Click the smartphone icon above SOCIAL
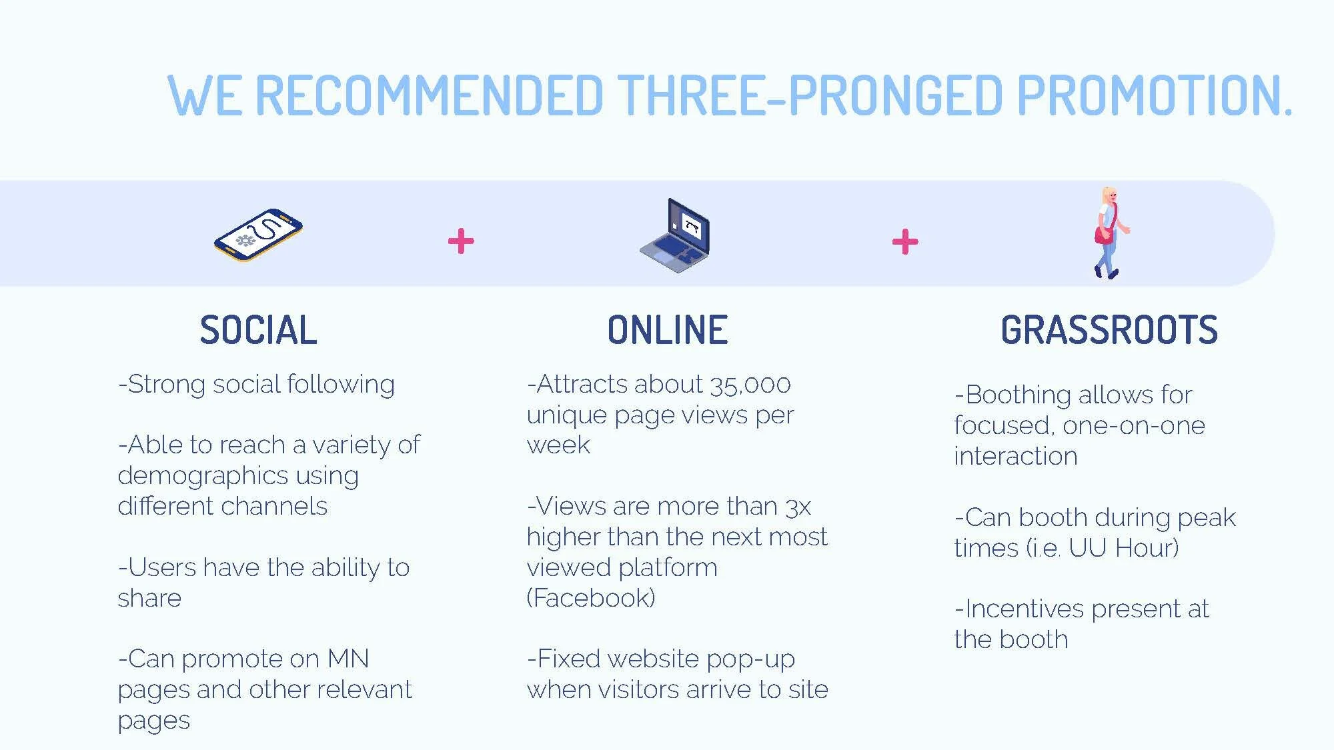[258, 235]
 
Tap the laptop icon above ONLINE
[674, 235]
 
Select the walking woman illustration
[1109, 233]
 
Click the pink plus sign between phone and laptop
[461, 241]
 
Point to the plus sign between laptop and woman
[905, 241]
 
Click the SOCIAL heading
[258, 330]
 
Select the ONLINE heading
[667, 330]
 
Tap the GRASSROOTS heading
[1109, 330]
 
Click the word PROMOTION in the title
[1154, 95]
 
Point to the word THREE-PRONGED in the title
[810, 95]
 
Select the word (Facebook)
[591, 598]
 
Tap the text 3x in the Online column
[798, 507]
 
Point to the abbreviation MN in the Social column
[348, 659]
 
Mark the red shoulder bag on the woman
[1103, 235]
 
